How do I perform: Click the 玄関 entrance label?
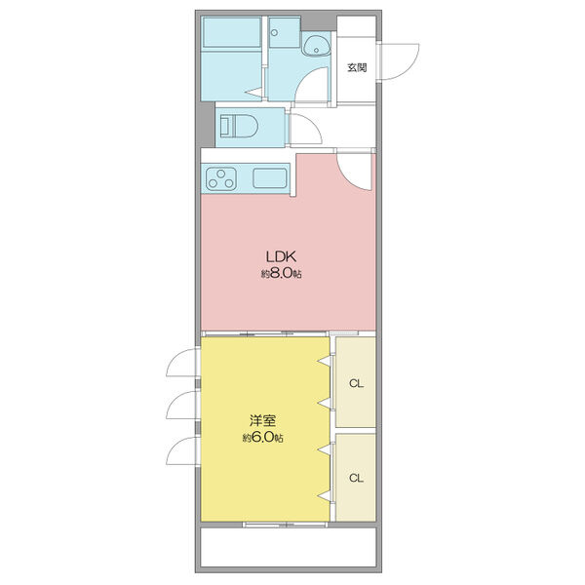point(357,67)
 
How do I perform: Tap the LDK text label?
point(281,256)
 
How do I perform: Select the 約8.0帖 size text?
point(281,274)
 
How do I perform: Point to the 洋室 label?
point(262,420)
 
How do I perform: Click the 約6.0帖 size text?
point(262,437)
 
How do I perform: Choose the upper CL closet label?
point(356,383)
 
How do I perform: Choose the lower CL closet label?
point(356,478)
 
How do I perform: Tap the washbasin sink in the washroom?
point(317,47)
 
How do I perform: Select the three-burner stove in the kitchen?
point(221,178)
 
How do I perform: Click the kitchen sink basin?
point(270,178)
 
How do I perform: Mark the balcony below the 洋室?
point(288,547)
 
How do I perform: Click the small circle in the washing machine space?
point(275,33)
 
